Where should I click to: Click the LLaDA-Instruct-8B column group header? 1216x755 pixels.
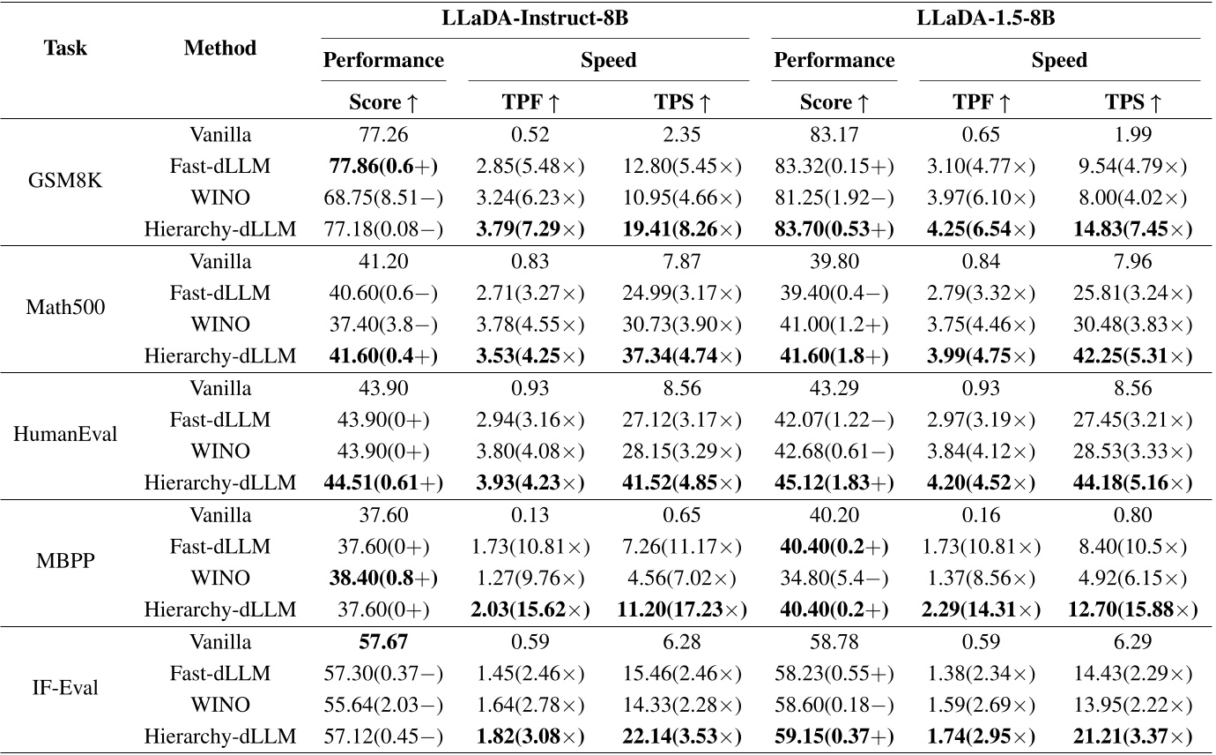pyautogui.click(x=535, y=19)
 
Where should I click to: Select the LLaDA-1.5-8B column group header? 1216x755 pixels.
pyautogui.click(x=985, y=19)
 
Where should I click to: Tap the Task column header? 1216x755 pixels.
pyautogui.click(x=66, y=48)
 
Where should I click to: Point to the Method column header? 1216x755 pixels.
pyautogui.click(x=220, y=48)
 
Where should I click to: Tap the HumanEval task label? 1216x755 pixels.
pyautogui.click(x=66, y=436)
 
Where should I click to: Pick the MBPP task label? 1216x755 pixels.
pyautogui.click(x=66, y=562)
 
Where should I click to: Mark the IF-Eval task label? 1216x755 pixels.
pyautogui.click(x=66, y=688)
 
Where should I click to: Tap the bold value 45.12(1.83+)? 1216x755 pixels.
pyautogui.click(x=834, y=483)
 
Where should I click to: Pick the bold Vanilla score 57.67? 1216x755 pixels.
pyautogui.click(x=383, y=641)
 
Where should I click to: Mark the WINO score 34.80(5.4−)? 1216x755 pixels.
pyautogui.click(x=834, y=578)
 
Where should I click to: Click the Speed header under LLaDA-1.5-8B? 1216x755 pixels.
pyautogui.click(x=1059, y=61)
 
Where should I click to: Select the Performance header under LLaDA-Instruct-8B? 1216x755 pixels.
pyautogui.click(x=383, y=61)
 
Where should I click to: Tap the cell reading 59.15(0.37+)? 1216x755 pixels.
pyautogui.click(x=834, y=736)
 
